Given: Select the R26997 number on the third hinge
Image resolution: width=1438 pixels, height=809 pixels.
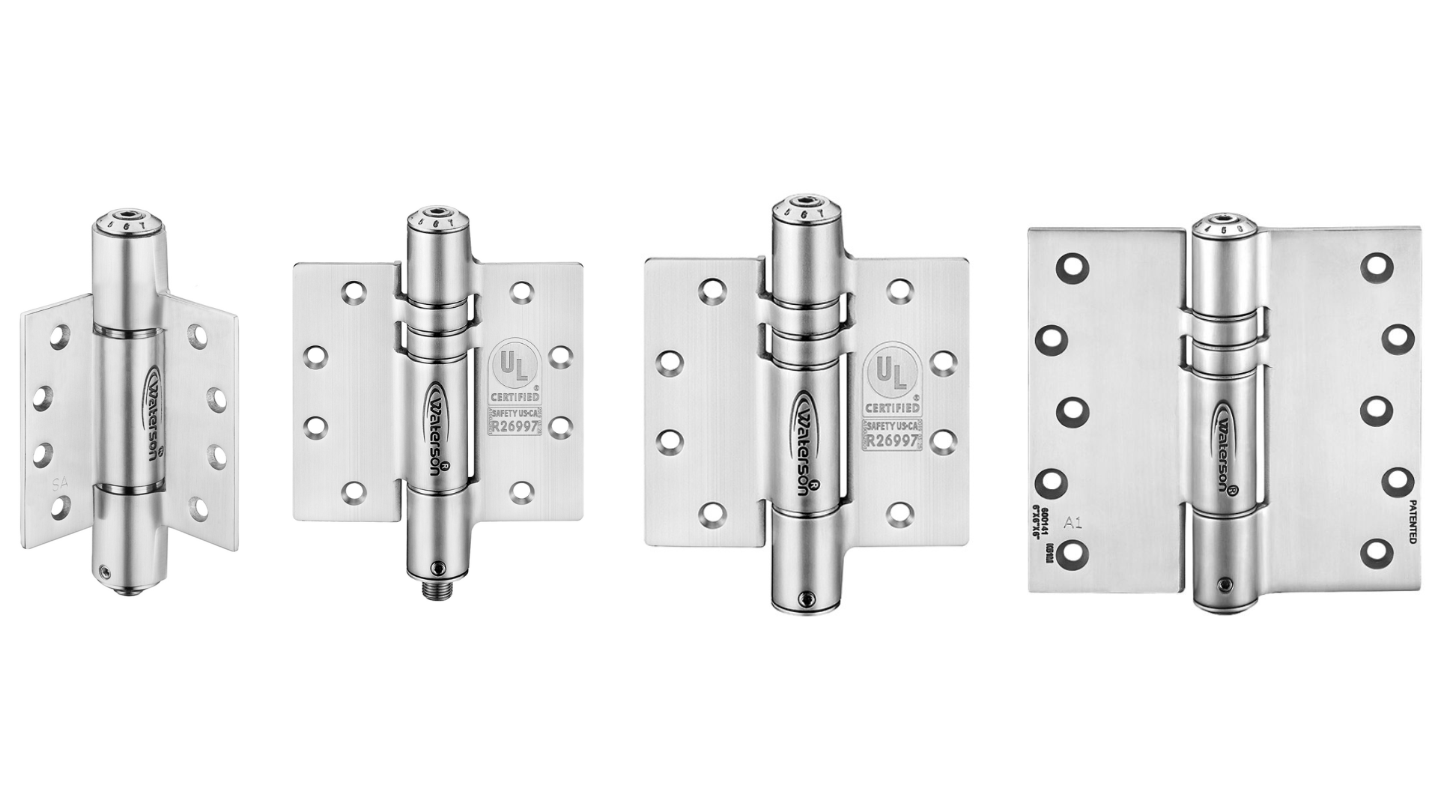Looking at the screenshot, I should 891,440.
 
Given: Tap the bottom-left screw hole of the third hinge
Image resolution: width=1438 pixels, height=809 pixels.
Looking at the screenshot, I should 712,512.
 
